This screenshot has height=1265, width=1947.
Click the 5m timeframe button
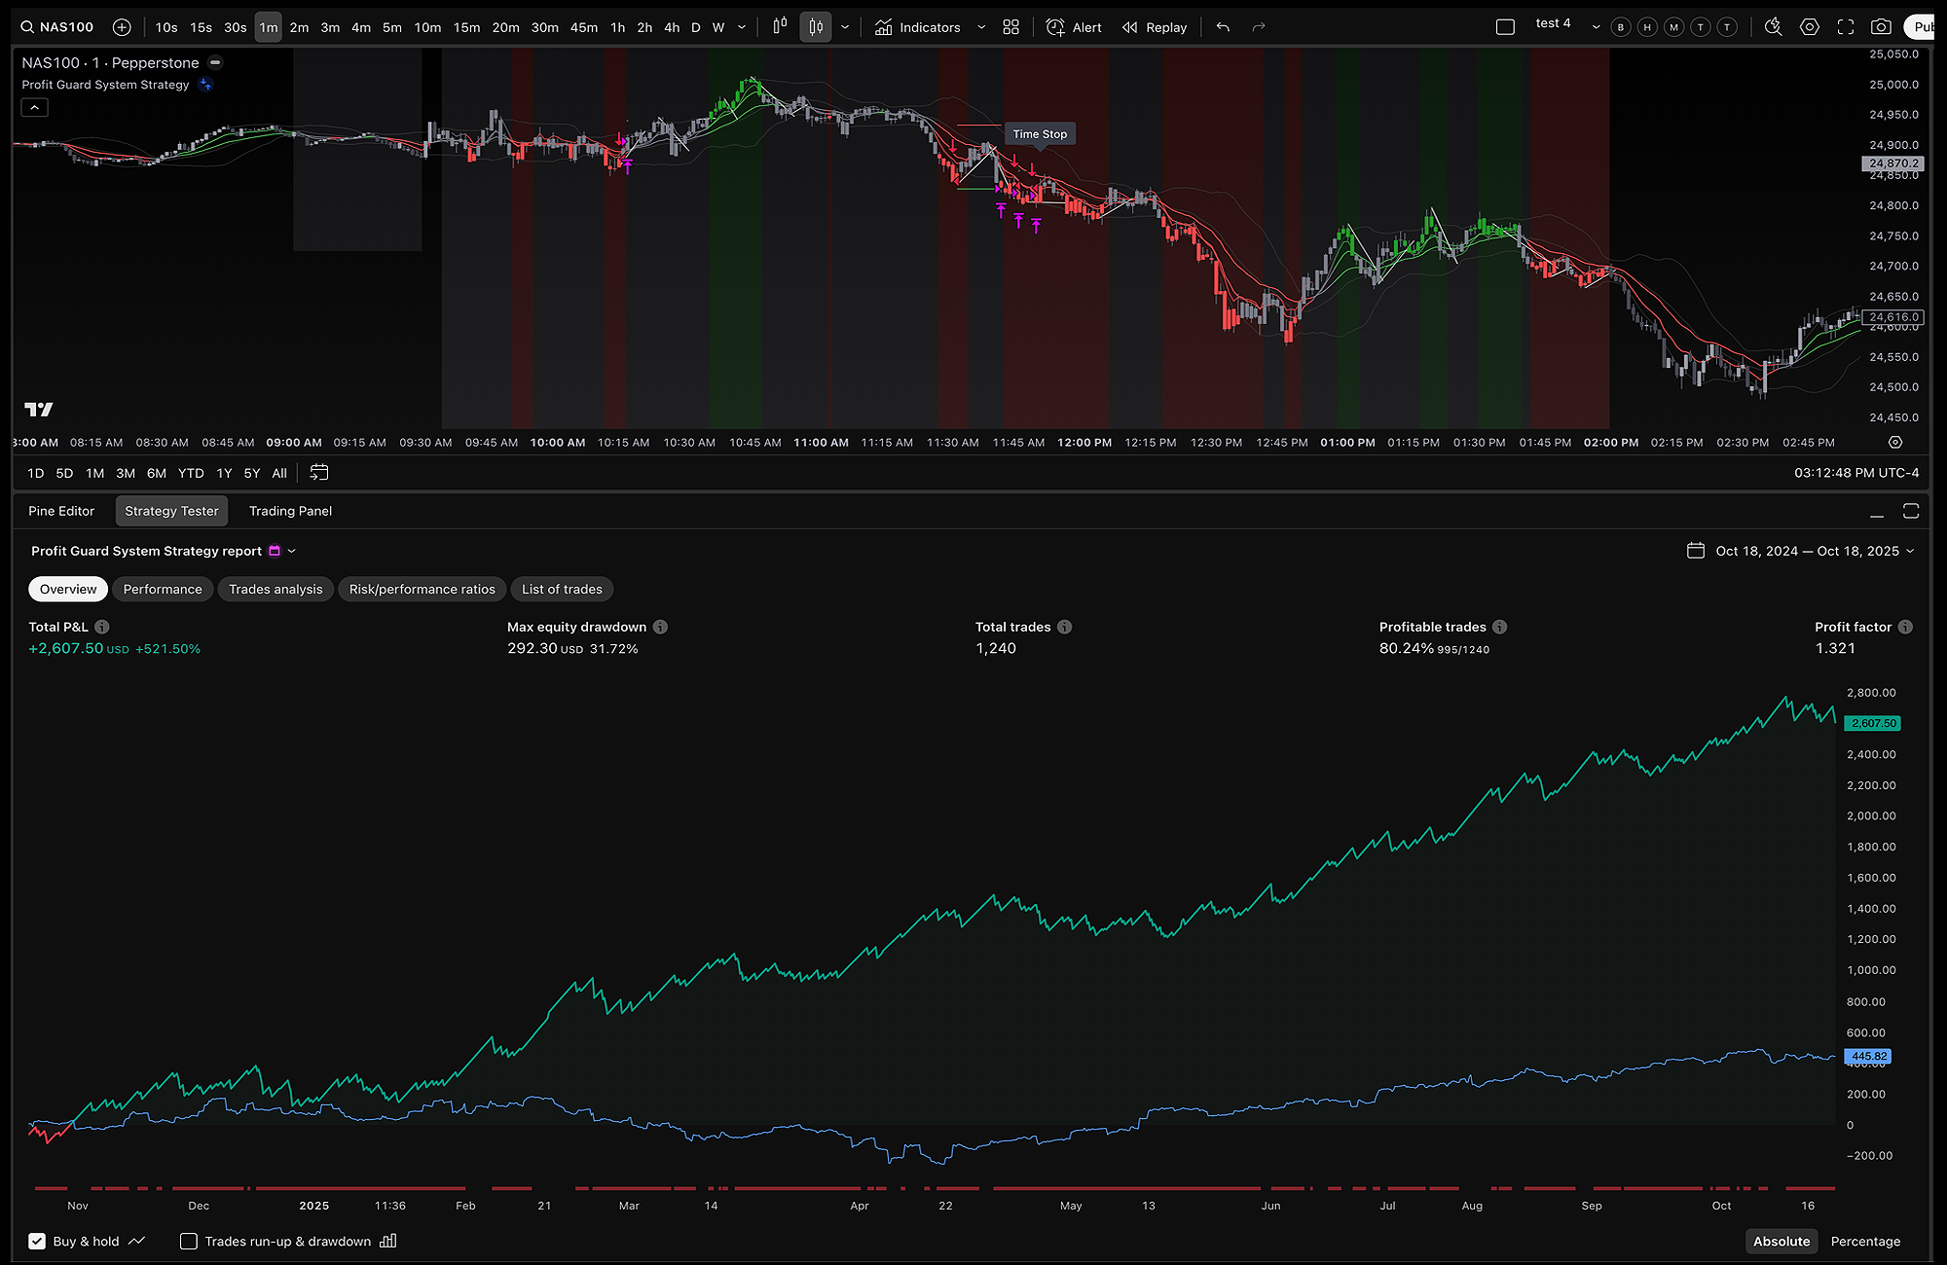pos(391,27)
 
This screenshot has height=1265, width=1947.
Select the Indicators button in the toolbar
pos(918,27)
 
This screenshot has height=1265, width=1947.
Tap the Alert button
pos(1075,27)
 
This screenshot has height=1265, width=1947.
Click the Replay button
pos(1155,27)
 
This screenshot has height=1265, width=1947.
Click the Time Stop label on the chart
pos(1040,134)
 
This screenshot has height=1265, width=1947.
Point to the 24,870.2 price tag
pos(1893,163)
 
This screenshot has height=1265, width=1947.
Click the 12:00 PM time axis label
pos(1084,443)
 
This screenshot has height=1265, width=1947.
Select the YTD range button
pos(191,473)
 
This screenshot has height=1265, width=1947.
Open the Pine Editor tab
pos(61,511)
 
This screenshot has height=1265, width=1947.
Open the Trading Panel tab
pos(290,511)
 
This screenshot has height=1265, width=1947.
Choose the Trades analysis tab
pos(276,589)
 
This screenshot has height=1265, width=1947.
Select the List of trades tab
pos(562,589)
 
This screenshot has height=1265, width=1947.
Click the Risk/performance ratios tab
pos(422,589)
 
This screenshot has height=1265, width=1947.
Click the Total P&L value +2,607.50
pos(66,648)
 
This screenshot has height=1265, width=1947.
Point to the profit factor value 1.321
pos(1835,648)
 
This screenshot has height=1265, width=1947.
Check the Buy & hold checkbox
pos(37,1241)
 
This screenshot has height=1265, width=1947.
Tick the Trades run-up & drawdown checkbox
pos(189,1241)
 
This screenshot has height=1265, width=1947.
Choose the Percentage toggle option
pos(1865,1241)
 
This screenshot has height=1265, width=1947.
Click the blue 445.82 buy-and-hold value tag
pos(1868,1056)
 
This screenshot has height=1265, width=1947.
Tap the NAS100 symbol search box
pos(58,27)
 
